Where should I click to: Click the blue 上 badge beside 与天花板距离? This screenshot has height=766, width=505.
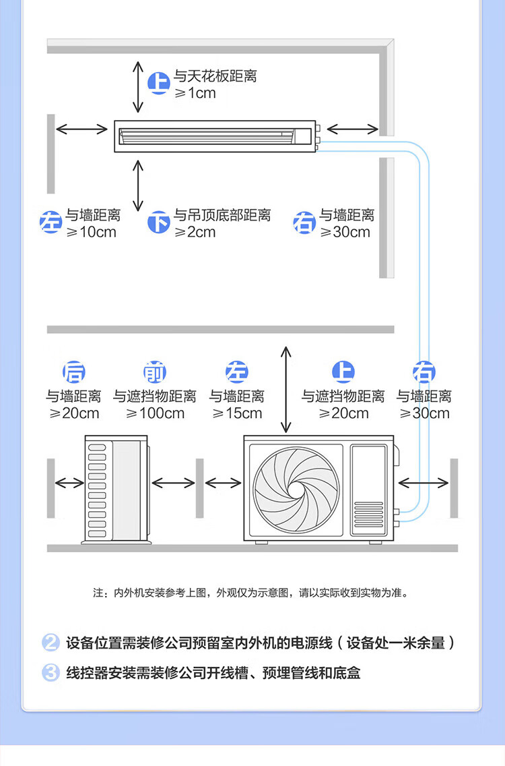159,84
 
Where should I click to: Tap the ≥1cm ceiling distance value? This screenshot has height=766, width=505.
195,93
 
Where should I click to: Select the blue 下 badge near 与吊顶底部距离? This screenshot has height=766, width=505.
159,222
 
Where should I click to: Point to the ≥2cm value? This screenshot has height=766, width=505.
195,232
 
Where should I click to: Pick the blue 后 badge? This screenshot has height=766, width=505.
74,372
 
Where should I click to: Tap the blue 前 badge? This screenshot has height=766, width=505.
155,372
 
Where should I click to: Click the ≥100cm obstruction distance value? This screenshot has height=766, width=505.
155,413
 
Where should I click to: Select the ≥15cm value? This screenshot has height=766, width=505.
237,413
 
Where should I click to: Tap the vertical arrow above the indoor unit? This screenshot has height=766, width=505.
138,86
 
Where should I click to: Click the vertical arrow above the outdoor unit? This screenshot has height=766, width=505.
286,389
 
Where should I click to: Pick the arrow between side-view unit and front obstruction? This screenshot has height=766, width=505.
174,483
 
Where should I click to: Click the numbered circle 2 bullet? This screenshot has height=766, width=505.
51,643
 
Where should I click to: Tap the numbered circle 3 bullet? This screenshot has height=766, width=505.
51,673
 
